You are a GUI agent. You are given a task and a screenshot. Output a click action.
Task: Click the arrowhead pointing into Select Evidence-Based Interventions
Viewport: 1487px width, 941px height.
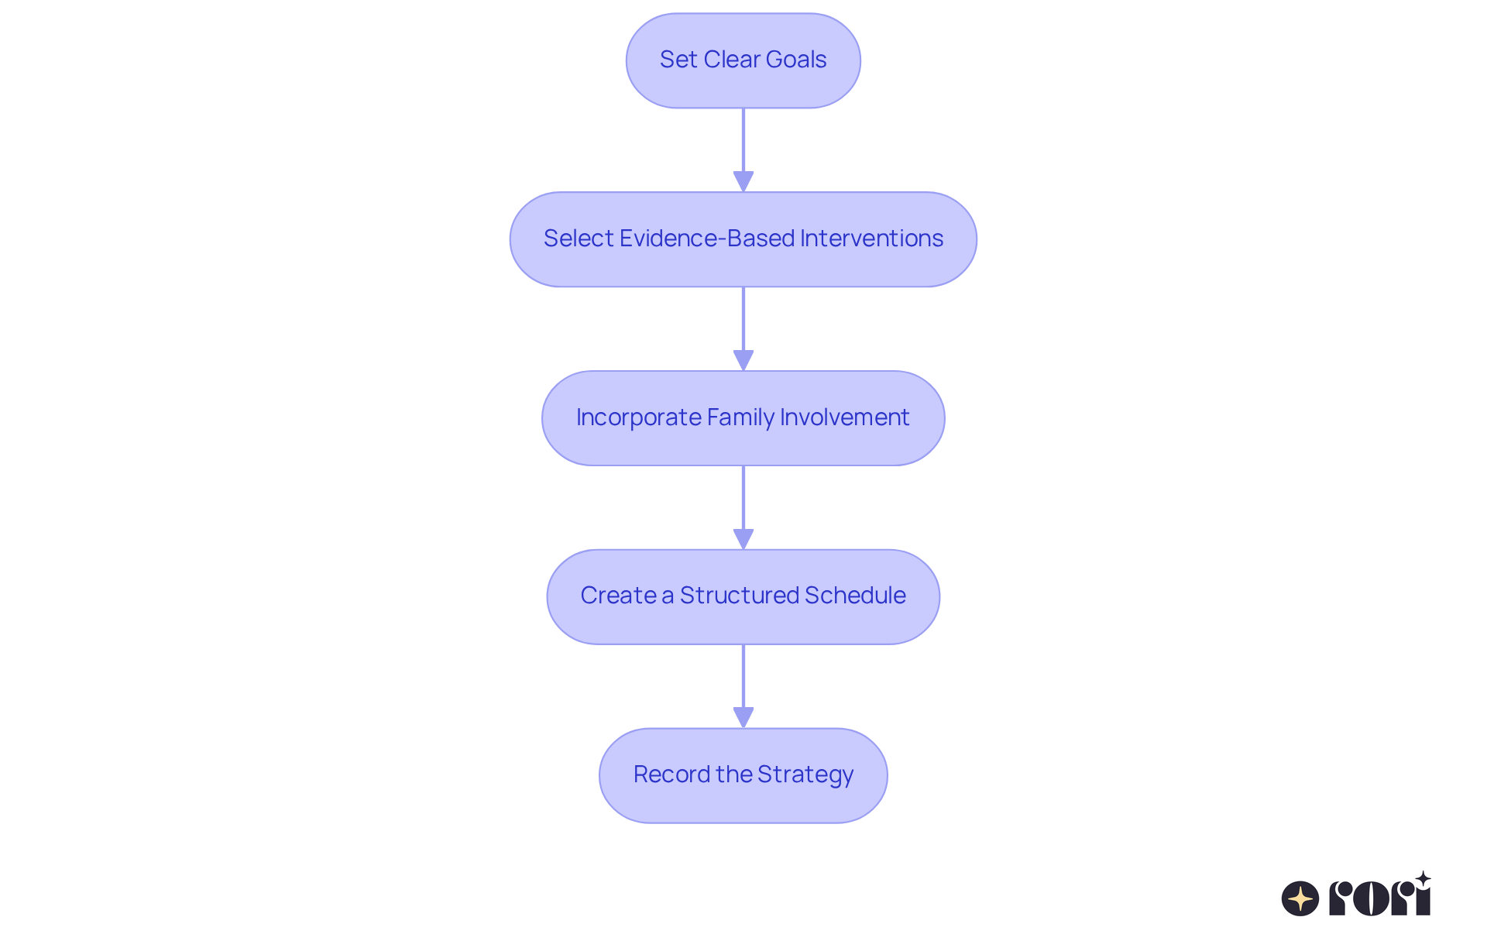tap(743, 181)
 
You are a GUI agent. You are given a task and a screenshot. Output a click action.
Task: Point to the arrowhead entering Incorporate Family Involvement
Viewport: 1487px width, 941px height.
tap(743, 360)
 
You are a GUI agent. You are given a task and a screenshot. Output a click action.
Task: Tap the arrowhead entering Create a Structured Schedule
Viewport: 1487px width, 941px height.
tap(743, 539)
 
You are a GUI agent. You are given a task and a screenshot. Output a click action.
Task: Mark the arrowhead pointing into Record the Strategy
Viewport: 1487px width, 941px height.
tap(743, 717)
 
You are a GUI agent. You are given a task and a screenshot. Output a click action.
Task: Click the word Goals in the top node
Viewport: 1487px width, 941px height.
tap(796, 60)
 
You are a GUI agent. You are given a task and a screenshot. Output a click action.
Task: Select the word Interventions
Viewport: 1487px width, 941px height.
tap(871, 239)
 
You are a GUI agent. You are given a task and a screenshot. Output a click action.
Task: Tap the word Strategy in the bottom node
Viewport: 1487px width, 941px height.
tap(805, 774)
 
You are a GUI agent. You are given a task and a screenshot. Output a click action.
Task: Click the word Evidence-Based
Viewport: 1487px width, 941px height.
tap(707, 239)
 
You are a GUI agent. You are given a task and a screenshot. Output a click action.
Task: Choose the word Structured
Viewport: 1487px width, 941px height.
tap(740, 596)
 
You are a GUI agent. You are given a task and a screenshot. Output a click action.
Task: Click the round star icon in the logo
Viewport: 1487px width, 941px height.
tap(1300, 898)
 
